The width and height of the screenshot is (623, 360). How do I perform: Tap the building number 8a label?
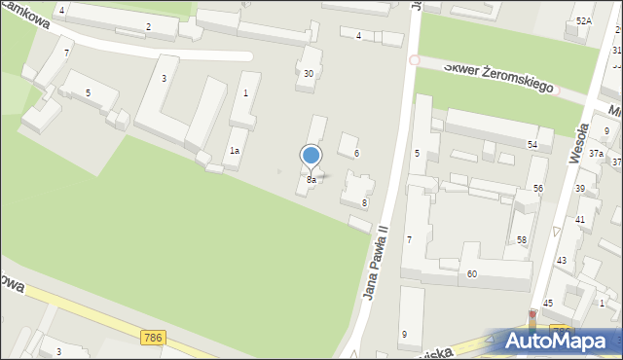pos(311,180)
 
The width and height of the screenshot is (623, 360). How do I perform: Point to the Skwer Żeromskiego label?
pos(498,77)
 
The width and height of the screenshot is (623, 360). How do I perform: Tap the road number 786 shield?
pos(152,338)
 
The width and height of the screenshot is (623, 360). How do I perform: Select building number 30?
pos(309,74)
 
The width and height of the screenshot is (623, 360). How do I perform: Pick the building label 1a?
pos(235,151)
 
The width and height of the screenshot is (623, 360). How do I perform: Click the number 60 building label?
pos(471,274)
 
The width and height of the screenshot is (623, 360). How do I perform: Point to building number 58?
pos(522,240)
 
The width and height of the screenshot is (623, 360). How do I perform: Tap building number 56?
pos(537,188)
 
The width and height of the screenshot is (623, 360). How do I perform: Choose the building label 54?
pos(532,145)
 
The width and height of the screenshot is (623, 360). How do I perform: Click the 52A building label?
pos(583,20)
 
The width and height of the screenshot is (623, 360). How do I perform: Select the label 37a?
pos(596,154)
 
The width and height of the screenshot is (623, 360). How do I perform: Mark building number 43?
pos(562,261)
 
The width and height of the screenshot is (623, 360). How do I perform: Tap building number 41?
pos(580,220)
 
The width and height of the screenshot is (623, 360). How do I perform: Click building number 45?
pos(548,304)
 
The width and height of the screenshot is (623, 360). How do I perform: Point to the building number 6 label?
pos(356,154)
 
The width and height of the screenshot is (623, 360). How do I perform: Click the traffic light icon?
pos(531,318)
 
